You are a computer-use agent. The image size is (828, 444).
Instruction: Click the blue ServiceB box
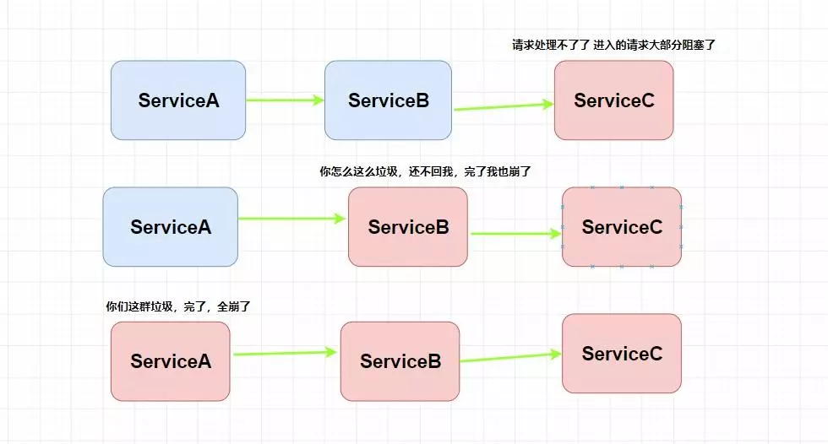[x=389, y=100]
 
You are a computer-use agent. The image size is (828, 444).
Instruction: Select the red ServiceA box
[x=170, y=361]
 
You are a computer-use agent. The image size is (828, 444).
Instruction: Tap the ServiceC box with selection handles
[x=622, y=227]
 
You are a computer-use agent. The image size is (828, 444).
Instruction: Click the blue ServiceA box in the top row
[x=178, y=100]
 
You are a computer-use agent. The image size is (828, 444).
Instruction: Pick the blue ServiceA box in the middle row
[x=171, y=227]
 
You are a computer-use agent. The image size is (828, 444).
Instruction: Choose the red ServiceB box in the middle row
[x=408, y=227]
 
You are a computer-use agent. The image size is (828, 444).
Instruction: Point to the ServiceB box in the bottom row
[x=400, y=361]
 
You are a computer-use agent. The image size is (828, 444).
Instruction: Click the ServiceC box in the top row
[x=614, y=100]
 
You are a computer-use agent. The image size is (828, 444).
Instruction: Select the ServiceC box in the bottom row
[x=622, y=353]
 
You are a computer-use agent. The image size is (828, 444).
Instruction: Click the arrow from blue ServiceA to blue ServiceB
[x=285, y=100]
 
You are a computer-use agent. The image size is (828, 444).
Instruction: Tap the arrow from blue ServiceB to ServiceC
[x=504, y=106]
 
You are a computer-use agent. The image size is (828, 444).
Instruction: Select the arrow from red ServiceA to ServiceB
[x=285, y=354]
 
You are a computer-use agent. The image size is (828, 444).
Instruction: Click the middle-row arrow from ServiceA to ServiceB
[x=292, y=219]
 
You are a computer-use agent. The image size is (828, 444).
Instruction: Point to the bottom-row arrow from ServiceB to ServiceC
[x=511, y=358]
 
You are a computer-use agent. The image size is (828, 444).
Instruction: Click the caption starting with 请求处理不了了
[x=613, y=45]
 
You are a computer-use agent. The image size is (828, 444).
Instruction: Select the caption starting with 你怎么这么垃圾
[x=424, y=171]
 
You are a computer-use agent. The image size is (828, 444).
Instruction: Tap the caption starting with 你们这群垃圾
[x=177, y=306]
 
